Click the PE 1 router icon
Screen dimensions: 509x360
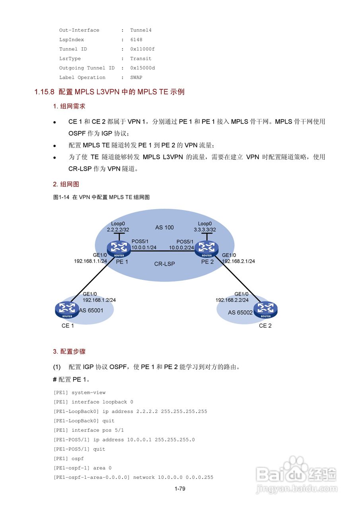pyautogui.click(x=119, y=249)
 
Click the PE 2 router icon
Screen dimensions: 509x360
pyautogui.click(x=207, y=249)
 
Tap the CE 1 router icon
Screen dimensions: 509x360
pyautogui.click(x=67, y=310)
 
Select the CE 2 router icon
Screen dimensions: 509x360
pyautogui.click(x=266, y=310)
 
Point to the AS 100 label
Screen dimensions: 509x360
pyautogui.click(x=164, y=227)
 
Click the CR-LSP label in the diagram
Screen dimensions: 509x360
pyautogui.click(x=165, y=263)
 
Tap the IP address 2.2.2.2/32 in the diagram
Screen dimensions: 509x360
pyautogui.click(x=118, y=230)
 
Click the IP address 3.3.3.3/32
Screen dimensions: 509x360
pyautogui.click(x=205, y=230)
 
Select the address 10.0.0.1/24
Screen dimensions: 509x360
pyautogui.click(x=144, y=247)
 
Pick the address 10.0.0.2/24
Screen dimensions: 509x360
pyautogui.click(x=181, y=247)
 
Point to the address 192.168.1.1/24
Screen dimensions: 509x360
pyautogui.click(x=90, y=261)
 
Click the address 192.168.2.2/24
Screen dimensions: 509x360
pyautogui.click(x=232, y=300)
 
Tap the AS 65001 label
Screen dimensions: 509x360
pyautogui.click(x=91, y=310)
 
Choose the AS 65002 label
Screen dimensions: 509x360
pyautogui.click(x=240, y=313)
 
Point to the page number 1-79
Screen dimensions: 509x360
pyautogui.click(x=180, y=489)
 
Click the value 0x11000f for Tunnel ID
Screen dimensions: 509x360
pyautogui.click(x=142, y=49)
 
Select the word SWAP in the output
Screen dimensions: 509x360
pyautogui.click(x=136, y=78)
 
